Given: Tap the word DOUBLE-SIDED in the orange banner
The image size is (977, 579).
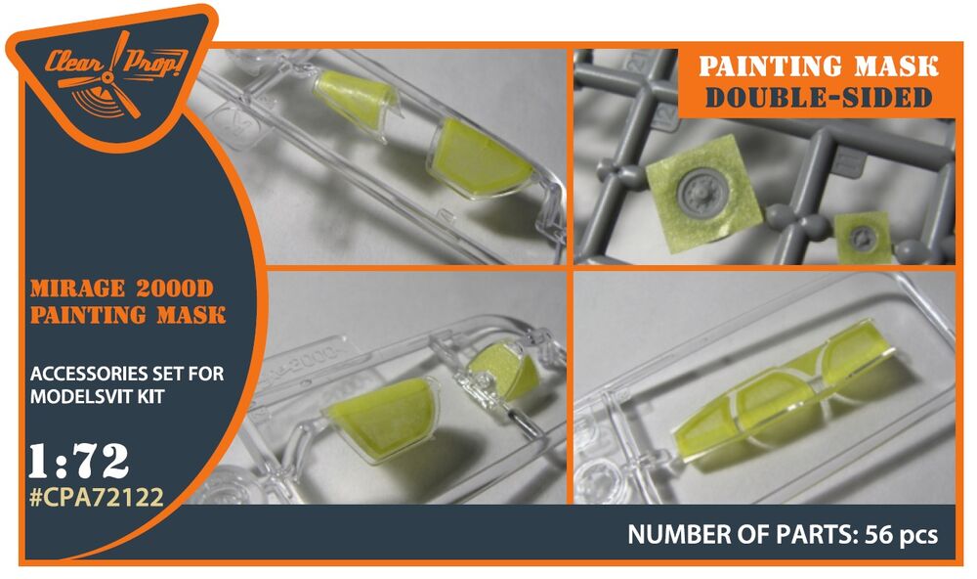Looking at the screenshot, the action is click(x=819, y=98).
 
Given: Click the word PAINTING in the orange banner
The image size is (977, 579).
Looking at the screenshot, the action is click(x=765, y=67).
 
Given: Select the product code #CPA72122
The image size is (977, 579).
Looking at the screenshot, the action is click(x=97, y=497).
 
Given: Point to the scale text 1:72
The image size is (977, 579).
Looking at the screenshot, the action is click(x=79, y=461).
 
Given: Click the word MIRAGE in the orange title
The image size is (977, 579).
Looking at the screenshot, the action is click(x=77, y=289).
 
